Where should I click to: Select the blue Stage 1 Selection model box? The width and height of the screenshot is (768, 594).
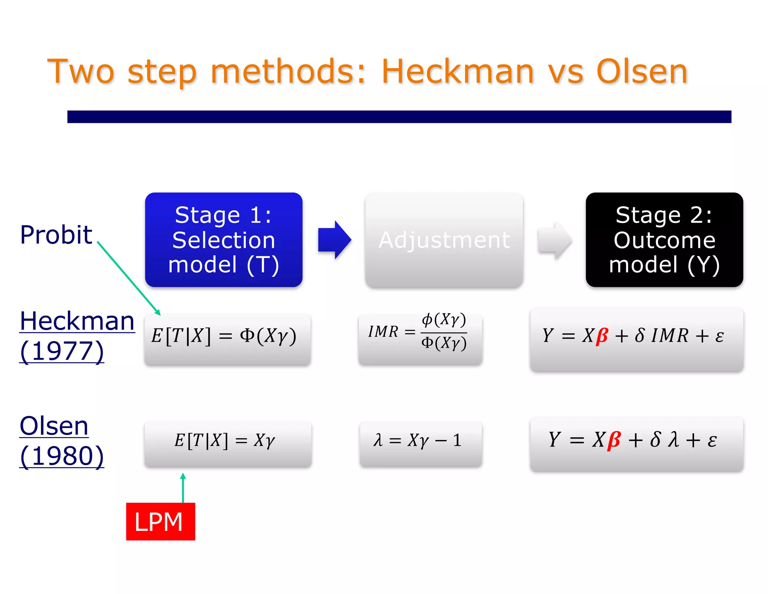[223, 240]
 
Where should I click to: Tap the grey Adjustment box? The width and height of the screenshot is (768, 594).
[444, 240]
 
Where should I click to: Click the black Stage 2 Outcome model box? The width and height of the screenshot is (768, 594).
[664, 240]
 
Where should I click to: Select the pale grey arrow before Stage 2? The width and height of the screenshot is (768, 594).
[554, 240]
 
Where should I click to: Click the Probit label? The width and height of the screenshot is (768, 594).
[56, 235]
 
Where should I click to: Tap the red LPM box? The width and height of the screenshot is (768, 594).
[160, 521]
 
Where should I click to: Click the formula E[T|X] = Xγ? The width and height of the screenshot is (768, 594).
[225, 440]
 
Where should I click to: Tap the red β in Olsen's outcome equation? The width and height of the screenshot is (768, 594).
[614, 440]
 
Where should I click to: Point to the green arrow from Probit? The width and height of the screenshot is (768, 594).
[129, 278]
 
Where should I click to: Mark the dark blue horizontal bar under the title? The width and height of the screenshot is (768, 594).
[399, 116]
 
